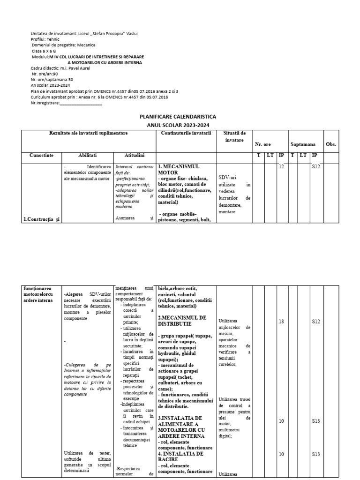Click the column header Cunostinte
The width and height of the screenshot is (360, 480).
coord(42,155)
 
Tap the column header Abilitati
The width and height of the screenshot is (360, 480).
coord(88,155)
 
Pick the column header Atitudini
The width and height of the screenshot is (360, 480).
coord(135,155)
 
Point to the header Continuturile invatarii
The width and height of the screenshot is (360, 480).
coord(186,134)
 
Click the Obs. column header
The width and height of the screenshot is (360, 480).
coord(331,144)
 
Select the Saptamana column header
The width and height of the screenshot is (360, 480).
coord(303,144)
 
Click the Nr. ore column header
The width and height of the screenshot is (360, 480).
coord(262,144)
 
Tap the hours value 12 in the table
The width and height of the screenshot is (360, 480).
coord(281,167)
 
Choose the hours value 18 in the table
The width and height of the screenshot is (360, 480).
coord(281,322)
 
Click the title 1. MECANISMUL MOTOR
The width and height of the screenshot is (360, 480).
coord(179,169)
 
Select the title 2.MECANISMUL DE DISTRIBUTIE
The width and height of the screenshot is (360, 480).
coord(182,321)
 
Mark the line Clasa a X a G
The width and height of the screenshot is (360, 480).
coord(44,51)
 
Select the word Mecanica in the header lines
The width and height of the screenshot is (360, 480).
coord(86,45)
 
